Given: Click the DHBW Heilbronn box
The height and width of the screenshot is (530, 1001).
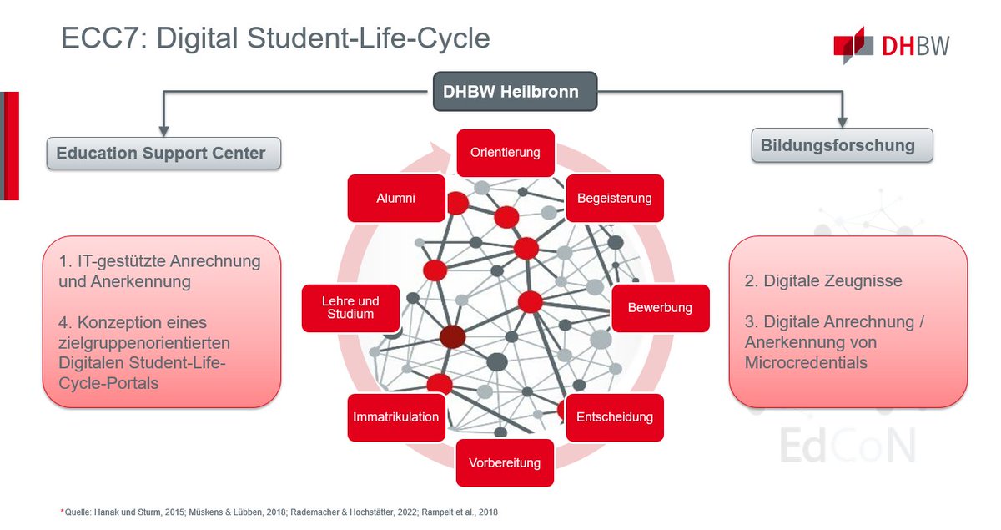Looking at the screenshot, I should pyautogui.click(x=516, y=91).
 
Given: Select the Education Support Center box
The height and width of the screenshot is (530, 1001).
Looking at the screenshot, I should pyautogui.click(x=163, y=154).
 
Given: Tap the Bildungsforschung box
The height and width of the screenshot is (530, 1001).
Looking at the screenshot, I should pyautogui.click(x=842, y=145).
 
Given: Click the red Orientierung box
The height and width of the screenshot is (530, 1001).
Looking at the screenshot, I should pyautogui.click(x=505, y=153).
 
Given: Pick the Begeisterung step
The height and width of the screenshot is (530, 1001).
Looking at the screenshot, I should pyautogui.click(x=614, y=199).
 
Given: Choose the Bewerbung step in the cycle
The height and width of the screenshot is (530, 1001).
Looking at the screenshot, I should pyautogui.click(x=660, y=308).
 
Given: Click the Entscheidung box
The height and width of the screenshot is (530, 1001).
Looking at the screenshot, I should pyautogui.click(x=614, y=416).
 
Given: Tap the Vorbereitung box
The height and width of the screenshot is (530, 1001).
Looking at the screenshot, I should pyautogui.click(x=505, y=462).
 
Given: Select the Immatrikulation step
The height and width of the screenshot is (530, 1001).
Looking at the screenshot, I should pyautogui.click(x=395, y=416).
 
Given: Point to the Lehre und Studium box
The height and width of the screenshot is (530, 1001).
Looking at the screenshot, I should pyautogui.click(x=350, y=308).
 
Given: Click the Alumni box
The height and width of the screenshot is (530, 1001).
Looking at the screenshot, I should pyautogui.click(x=395, y=199).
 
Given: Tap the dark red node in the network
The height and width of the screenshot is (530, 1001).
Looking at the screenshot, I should pyautogui.click(x=453, y=337).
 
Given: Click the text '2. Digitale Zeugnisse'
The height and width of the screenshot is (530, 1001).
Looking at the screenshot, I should pyautogui.click(x=822, y=281).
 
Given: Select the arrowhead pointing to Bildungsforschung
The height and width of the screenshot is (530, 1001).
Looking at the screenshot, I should pyautogui.click(x=843, y=122).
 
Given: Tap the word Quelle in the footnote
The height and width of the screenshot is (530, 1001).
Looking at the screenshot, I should pyautogui.click(x=78, y=512).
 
